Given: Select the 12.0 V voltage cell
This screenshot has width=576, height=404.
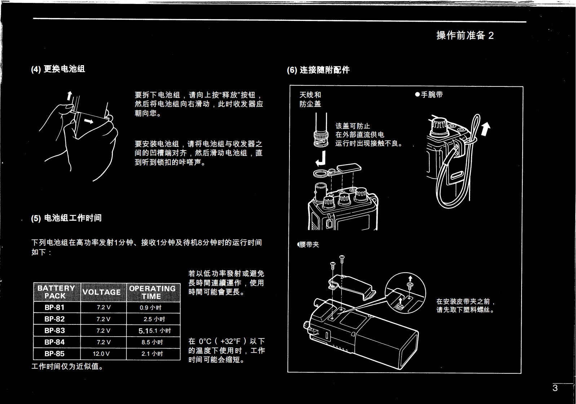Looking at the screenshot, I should pyautogui.click(x=101, y=354).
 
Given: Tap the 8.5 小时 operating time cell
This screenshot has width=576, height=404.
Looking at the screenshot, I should pyautogui.click(x=152, y=342).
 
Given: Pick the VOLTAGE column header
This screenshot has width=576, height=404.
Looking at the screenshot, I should pyautogui.click(x=102, y=292).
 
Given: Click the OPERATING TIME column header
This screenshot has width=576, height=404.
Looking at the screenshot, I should pyautogui.click(x=152, y=292).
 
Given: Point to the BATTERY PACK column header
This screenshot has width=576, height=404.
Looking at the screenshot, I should pyautogui.click(x=56, y=292).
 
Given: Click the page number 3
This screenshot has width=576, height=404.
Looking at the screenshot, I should pyautogui.click(x=555, y=388).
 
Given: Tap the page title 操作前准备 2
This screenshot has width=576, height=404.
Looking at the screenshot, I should pyautogui.click(x=465, y=35).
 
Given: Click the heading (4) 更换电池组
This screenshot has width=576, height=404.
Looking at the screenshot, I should pyautogui.click(x=58, y=69).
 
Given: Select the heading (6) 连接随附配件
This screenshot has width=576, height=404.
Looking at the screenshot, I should pyautogui.click(x=318, y=70).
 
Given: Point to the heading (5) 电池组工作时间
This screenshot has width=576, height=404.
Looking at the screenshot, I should pyautogui.click(x=66, y=218).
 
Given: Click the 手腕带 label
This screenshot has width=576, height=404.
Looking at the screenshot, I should pyautogui.click(x=429, y=95).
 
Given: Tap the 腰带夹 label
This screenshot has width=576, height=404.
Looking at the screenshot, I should pyautogui.click(x=309, y=244).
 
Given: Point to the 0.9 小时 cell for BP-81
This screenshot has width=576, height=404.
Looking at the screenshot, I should pyautogui.click(x=151, y=308).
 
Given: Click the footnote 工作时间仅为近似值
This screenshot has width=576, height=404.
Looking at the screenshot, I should pyautogui.click(x=67, y=367).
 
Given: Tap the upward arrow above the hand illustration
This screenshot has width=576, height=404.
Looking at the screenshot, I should pyautogui.click(x=70, y=95).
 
